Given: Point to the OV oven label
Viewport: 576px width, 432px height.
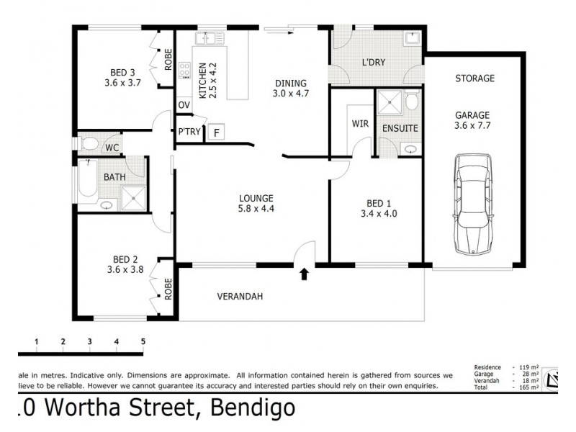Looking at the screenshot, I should coord(184,105).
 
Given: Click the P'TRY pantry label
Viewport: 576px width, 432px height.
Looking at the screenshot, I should coord(189,132).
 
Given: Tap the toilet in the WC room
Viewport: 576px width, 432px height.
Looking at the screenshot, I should coord(89,143).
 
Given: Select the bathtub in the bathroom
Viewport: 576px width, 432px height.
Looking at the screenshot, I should coord(86,180).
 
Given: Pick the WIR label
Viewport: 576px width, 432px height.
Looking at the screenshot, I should coord(360,124).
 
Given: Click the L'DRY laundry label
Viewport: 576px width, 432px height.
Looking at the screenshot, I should coord(373,63).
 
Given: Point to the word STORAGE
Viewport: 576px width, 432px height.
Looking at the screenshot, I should coord(474,78).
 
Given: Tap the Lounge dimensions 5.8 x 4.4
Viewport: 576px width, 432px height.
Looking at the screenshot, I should coord(257,210).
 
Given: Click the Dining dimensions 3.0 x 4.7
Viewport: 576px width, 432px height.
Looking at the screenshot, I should coord(290,94).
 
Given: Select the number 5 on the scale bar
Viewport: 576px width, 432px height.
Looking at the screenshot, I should coord(143,341).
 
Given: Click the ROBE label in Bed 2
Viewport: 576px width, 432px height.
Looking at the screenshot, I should coord(168,289).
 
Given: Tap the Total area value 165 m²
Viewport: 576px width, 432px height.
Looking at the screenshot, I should coord(528,388).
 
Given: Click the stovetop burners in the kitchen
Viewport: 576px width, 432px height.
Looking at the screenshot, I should coord(184,71).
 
